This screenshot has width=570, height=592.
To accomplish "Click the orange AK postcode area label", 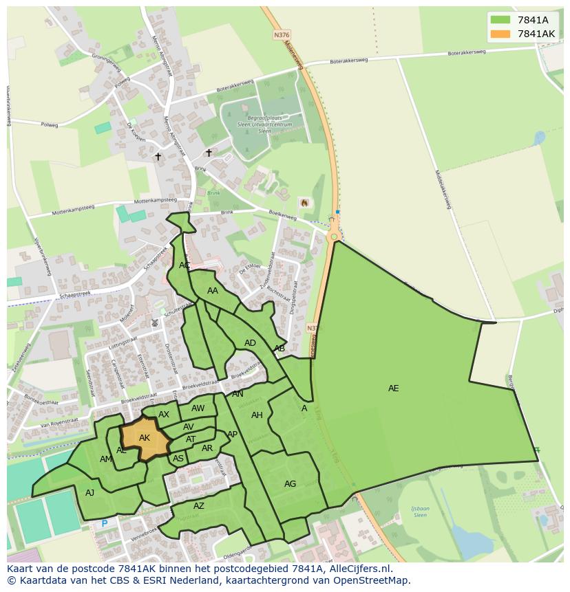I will click(x=145, y=438).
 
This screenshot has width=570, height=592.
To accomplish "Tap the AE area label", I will click(x=393, y=388).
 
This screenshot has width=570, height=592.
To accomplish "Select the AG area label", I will click(x=291, y=484).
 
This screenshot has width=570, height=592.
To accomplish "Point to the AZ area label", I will click(x=199, y=506).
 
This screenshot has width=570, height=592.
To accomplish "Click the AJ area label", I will click(x=90, y=492).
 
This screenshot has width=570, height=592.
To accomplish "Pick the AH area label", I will click(x=257, y=415).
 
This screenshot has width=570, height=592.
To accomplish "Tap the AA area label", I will click(x=213, y=291).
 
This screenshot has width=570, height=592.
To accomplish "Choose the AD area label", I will click(x=250, y=343).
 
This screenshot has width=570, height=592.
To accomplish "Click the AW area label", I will click(x=198, y=408).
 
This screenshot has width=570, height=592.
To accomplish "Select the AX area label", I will click(x=164, y=415).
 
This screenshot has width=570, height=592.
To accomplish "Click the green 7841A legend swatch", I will click(x=500, y=20).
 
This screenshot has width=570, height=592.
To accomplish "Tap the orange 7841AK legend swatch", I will click(x=500, y=34).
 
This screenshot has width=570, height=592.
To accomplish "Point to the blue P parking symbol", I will click(x=105, y=523).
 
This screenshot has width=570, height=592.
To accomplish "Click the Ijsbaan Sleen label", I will click(x=419, y=511).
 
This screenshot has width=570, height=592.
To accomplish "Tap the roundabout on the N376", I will click(x=334, y=237).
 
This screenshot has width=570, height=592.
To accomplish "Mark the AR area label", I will click(x=207, y=448).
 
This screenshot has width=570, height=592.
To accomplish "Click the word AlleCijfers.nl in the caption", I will click(x=359, y=569).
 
